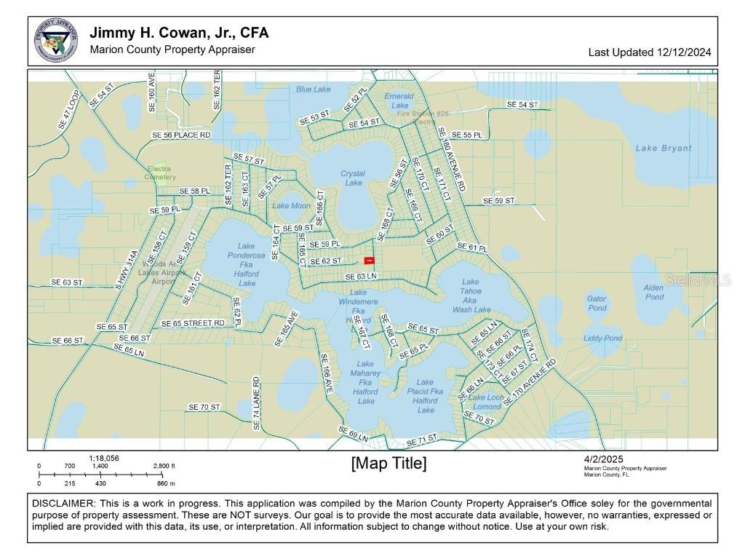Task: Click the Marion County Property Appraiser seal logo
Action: click(56, 41)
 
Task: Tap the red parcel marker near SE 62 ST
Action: click(369, 260)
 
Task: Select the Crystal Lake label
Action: click(353, 178)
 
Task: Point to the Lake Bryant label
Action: click(664, 148)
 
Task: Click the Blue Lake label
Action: click(313, 90)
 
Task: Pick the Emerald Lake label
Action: click(399, 100)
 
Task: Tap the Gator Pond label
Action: click(597, 304)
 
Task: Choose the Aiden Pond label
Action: click(653, 292)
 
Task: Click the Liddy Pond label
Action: click(602, 338)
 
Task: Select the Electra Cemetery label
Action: click(160, 173)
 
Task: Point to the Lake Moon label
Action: click(291, 206)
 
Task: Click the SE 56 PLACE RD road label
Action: click(181, 135)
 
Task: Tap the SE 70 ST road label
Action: click(204, 407)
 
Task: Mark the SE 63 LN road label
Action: click(361, 277)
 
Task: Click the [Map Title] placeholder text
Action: click(389, 464)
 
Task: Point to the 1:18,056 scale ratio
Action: click(104, 458)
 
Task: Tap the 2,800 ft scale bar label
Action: click(164, 466)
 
